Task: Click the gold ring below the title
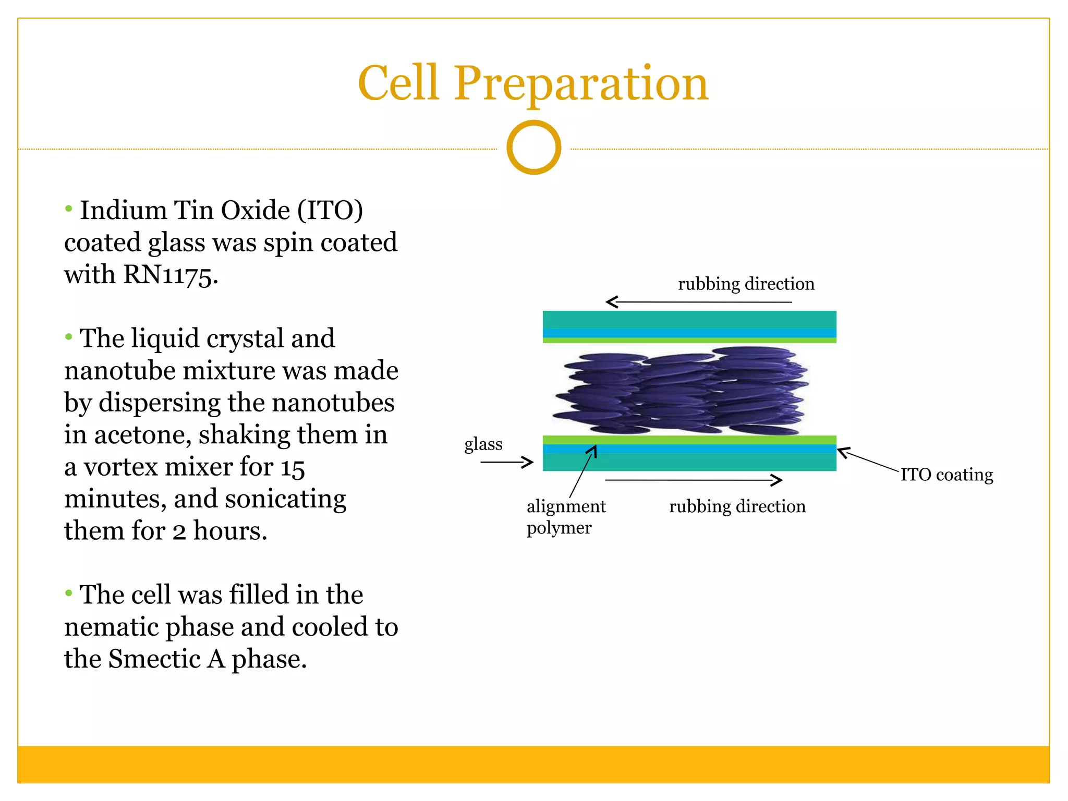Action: click(x=533, y=148)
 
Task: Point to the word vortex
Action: click(x=120, y=467)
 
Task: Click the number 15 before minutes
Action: click(x=293, y=468)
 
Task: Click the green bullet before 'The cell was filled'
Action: click(x=68, y=593)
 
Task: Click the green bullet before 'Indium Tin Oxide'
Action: click(x=68, y=209)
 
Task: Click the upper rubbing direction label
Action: click(x=746, y=284)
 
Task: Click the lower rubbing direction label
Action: click(x=737, y=506)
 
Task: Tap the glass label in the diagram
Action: click(x=483, y=444)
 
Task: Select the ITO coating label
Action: click(x=946, y=475)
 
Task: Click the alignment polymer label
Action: click(x=565, y=517)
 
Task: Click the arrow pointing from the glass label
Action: click(x=506, y=462)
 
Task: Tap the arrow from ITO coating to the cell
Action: click(x=868, y=459)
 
